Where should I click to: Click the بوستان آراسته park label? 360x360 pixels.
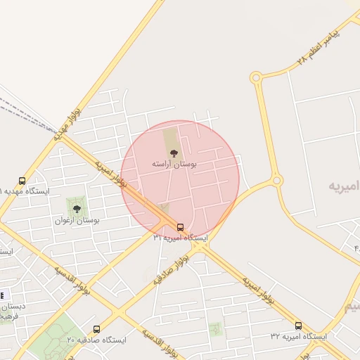click(x=174, y=163)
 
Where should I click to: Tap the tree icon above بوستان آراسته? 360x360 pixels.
click(x=174, y=151)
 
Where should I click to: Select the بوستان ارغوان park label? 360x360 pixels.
click(x=77, y=220)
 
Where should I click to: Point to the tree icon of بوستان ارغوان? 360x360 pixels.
click(x=77, y=208)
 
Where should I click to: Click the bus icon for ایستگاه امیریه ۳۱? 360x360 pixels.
click(x=181, y=227)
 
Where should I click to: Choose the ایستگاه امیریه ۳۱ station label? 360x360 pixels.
click(x=181, y=238)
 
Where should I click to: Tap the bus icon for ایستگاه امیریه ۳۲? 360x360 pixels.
click(x=298, y=326)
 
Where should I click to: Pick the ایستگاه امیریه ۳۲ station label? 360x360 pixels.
click(x=299, y=337)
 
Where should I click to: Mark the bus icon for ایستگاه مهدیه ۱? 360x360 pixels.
click(x=22, y=181)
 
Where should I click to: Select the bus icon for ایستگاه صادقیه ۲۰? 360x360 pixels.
click(x=96, y=328)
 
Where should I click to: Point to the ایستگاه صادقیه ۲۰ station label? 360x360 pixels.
click(x=96, y=340)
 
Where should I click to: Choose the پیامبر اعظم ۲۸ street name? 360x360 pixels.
click(x=318, y=48)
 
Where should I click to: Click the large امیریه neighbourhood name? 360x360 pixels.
click(x=345, y=186)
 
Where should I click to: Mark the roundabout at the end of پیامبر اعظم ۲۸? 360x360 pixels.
click(x=256, y=77)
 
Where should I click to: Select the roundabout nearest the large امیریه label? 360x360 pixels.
click(x=277, y=181)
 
